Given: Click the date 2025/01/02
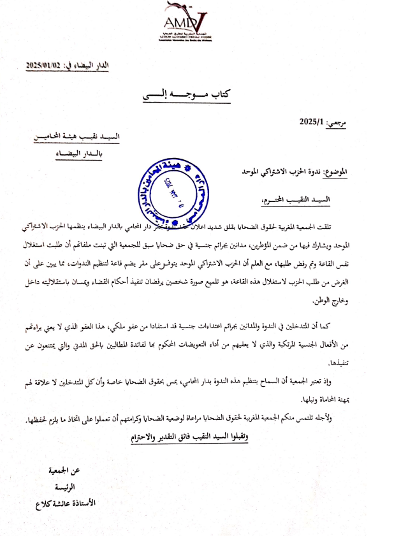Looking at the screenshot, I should (47, 66).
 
